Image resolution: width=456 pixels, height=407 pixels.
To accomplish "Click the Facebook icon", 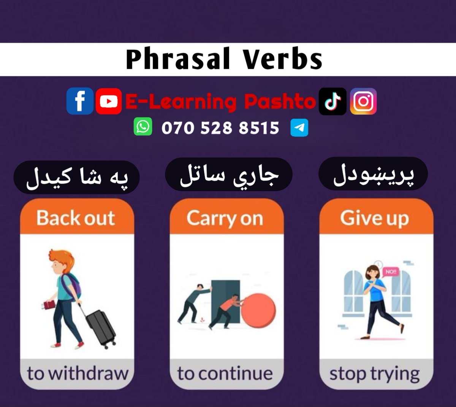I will click(x=80, y=101).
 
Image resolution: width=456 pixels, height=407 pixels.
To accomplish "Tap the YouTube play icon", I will click(x=109, y=101).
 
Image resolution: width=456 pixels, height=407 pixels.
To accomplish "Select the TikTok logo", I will click(x=332, y=101).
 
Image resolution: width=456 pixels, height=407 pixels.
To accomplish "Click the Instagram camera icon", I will click(x=363, y=101).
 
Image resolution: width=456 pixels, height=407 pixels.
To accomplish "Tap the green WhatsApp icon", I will click(x=143, y=127).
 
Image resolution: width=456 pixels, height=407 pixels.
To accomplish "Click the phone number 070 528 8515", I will click(x=220, y=128).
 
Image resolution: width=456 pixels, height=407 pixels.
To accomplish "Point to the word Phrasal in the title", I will click(x=178, y=60).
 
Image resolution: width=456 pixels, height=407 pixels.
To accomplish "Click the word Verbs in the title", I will click(x=283, y=60).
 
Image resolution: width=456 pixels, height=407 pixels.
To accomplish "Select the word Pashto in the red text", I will click(x=280, y=102).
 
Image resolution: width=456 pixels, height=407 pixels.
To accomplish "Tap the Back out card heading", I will click(x=76, y=218).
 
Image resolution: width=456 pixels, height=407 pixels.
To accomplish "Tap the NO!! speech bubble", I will click(x=390, y=272).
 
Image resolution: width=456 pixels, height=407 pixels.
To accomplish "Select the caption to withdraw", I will click(x=78, y=373).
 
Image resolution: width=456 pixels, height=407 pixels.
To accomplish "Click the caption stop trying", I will click(x=375, y=374).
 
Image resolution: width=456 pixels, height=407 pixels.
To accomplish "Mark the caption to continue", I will click(x=225, y=373).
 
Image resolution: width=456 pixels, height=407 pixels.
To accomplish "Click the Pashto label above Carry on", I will click(x=229, y=175).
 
